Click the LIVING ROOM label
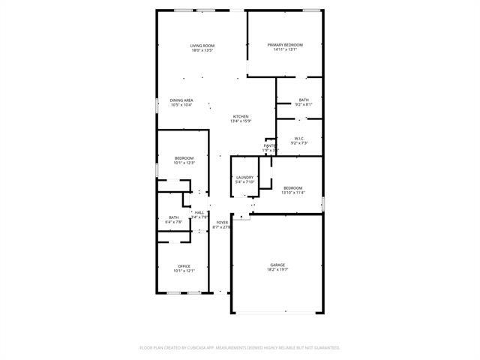[x=202, y=46]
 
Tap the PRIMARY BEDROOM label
[x=285, y=45]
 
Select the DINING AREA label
[x=181, y=100]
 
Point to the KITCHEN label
[x=240, y=116]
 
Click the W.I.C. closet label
[x=298, y=138]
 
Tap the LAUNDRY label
[x=245, y=177]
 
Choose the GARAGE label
[x=278, y=265]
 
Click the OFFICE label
[x=184, y=266]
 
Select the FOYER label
[x=222, y=223]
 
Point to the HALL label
[x=199, y=213]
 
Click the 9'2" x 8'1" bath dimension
[x=303, y=105]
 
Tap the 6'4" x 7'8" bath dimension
[x=175, y=222]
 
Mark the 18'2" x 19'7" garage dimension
[x=278, y=270]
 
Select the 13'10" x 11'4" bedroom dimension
[x=292, y=193]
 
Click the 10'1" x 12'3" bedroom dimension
[x=184, y=163]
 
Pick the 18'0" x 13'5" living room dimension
[x=202, y=50]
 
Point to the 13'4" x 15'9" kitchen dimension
[x=240, y=121]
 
